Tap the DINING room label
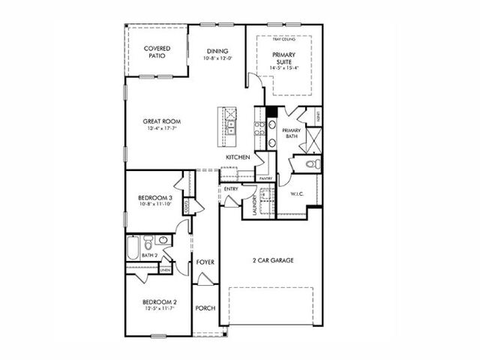point(217,51)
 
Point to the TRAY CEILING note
point(284,39)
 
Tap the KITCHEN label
point(238,156)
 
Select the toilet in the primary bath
point(316,163)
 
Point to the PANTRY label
point(265,178)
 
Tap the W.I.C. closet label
point(296,194)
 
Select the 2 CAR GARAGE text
point(272,260)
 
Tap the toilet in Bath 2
point(148,242)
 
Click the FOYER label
point(205,262)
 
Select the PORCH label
point(205,307)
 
